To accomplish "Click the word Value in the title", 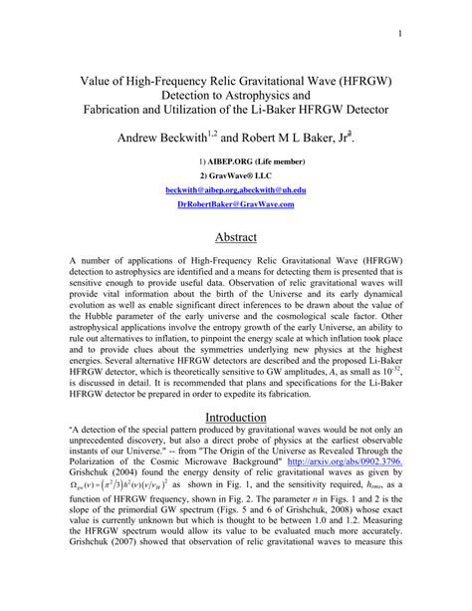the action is tap(95, 76).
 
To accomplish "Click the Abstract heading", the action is tap(236, 236).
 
